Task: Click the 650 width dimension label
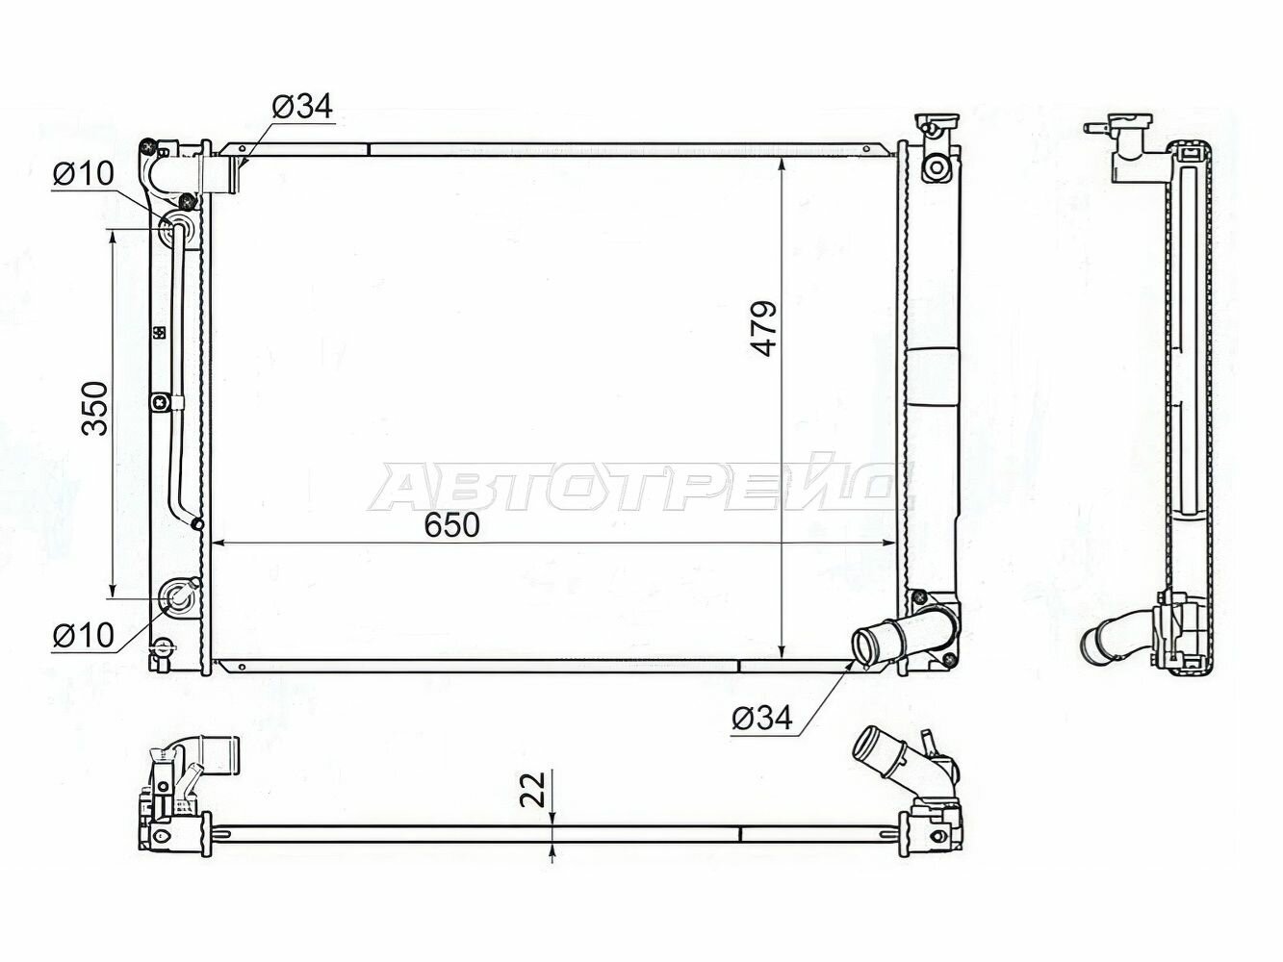(x=451, y=525)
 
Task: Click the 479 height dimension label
(x=763, y=328)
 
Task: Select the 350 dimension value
(x=95, y=408)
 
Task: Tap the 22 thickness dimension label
(x=532, y=789)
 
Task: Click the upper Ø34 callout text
(x=302, y=107)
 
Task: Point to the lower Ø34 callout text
(x=762, y=718)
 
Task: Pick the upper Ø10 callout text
(x=83, y=173)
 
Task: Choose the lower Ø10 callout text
(x=83, y=636)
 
